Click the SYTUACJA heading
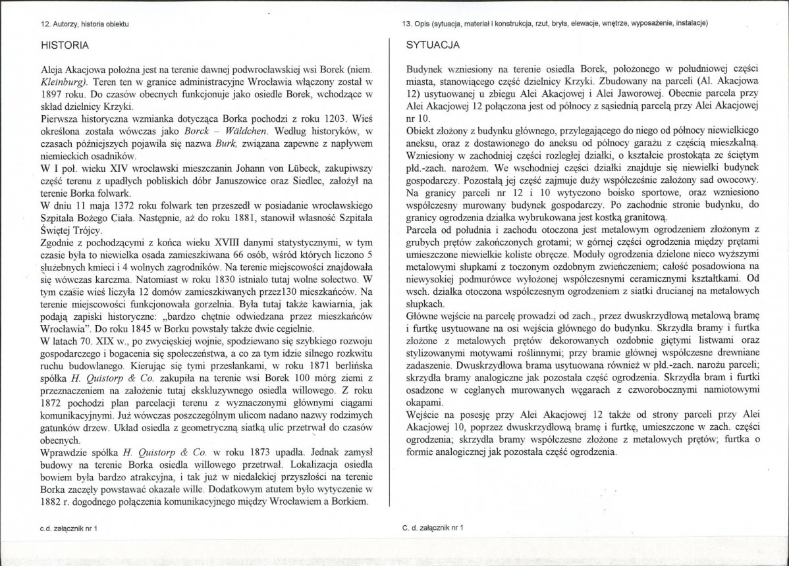click(x=431, y=45)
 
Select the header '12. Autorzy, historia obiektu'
click(x=84, y=24)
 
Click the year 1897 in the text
click(x=53, y=95)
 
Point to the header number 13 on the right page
click(x=406, y=24)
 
